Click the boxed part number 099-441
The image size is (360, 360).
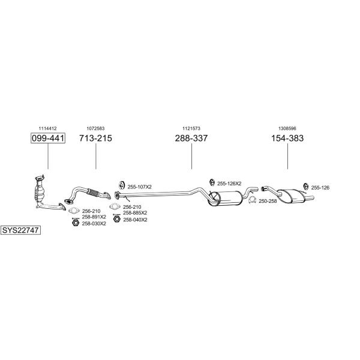coord(48,138)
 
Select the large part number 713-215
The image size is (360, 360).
coord(95,138)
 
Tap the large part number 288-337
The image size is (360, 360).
coord(191,138)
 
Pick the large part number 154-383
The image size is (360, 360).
coord(287,138)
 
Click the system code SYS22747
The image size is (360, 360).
coord(20,230)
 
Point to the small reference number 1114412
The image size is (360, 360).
coord(47,128)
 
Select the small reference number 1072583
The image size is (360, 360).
coord(95,128)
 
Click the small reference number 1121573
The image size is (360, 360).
coord(191,128)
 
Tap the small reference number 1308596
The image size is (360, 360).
coord(287,128)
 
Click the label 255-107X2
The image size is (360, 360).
coord(140,187)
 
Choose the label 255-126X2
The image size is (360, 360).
coord(229,184)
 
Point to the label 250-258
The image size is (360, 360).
coord(268,201)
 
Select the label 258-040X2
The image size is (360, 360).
coord(135,220)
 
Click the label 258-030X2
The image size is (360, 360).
coord(94,224)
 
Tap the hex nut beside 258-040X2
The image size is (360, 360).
coord(117,219)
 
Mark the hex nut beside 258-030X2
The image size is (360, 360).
coord(76,223)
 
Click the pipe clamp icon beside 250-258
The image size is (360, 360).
coord(252,200)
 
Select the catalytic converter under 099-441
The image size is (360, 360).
coord(40,191)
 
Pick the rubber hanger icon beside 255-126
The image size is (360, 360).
coord(305,187)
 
